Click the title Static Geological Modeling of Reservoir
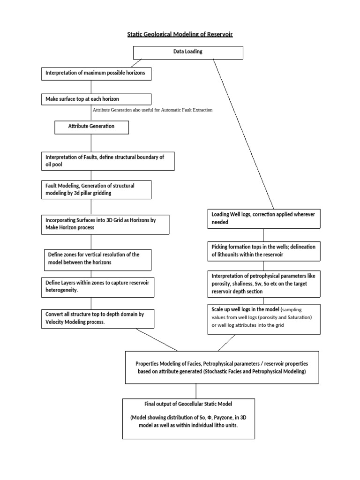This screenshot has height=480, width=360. pos(180,35)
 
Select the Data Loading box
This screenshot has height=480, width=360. pos(188,52)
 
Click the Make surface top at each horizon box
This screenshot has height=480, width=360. pos(96,99)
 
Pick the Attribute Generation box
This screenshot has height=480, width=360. pos(91,127)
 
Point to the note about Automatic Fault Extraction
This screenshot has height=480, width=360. pos(152,110)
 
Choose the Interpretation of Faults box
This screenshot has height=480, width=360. pos(107,161)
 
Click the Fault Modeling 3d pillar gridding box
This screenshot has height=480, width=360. pos(96,189)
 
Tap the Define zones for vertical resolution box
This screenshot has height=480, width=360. pos(97,259)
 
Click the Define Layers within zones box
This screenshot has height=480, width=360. pos(97,287)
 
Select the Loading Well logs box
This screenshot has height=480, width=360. pos(264,218)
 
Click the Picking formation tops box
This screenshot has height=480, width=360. pos(264,251)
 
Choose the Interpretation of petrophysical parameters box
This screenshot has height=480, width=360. pos(264,284)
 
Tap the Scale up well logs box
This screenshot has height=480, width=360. pos(264,319)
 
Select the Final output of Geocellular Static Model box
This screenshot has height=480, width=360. pos(188,418)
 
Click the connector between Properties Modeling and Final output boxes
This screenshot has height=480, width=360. pos(195,391)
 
